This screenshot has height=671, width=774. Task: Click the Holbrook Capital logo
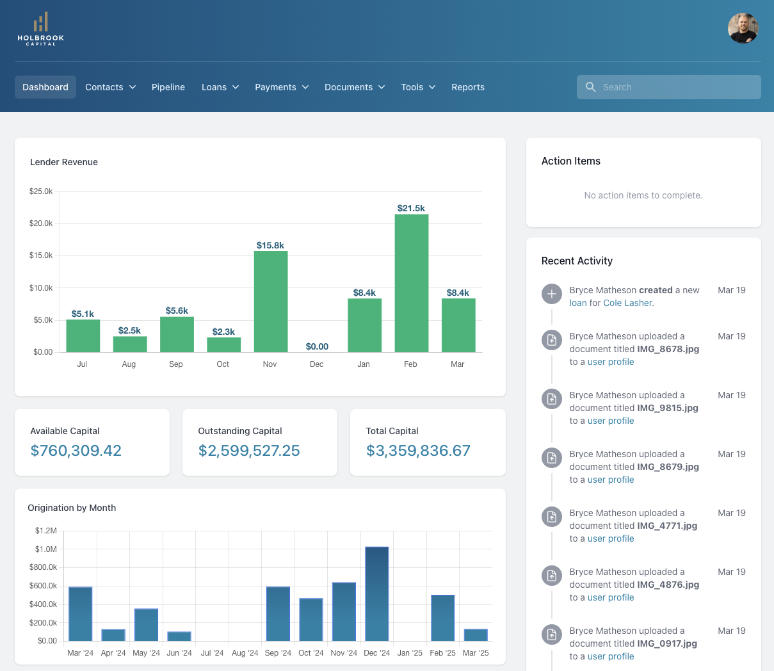click(x=40, y=29)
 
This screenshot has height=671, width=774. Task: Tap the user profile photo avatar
click(x=743, y=28)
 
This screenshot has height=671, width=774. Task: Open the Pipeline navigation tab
click(x=168, y=87)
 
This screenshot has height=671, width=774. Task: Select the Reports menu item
click(x=468, y=87)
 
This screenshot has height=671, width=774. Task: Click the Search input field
click(x=669, y=87)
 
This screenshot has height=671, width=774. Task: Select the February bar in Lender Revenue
click(x=411, y=283)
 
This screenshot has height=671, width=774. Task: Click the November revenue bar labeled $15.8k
click(x=270, y=302)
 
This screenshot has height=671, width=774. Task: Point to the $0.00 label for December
click(x=317, y=346)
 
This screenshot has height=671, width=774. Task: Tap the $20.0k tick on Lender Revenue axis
click(x=41, y=223)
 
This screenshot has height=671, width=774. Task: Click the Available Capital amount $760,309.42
click(x=76, y=451)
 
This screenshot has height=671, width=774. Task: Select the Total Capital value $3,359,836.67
click(x=418, y=451)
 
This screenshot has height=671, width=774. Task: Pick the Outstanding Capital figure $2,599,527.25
click(x=249, y=451)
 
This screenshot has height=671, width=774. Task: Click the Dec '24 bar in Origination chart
click(x=377, y=594)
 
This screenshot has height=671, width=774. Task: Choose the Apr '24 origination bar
click(x=113, y=635)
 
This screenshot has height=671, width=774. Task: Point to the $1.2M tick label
click(x=46, y=531)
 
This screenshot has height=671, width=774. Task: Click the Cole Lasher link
click(x=627, y=303)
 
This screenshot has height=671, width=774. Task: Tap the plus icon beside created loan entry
click(x=551, y=294)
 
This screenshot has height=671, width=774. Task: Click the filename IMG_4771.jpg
click(x=667, y=526)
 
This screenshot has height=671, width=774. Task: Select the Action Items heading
click(x=571, y=161)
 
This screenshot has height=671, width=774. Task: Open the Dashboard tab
click(x=45, y=87)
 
